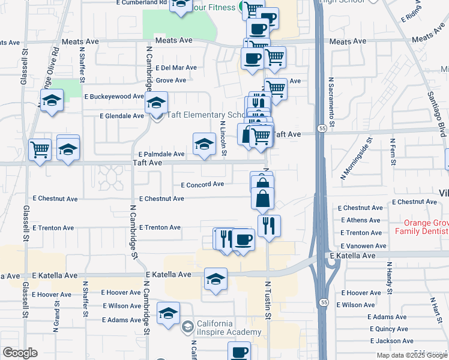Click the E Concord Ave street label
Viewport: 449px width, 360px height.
[202, 185]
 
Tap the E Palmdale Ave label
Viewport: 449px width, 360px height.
[161, 154]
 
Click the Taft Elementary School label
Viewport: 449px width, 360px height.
[204, 115]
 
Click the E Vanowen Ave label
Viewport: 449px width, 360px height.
[364, 246]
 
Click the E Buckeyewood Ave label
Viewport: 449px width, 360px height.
[114, 96]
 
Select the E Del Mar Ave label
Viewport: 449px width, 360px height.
[176, 68]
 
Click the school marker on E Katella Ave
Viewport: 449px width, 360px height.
[215, 279]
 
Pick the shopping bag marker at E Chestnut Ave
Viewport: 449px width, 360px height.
[263, 198]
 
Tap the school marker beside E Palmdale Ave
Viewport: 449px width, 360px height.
[204, 144]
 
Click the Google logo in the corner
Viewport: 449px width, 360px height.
[20, 353]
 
